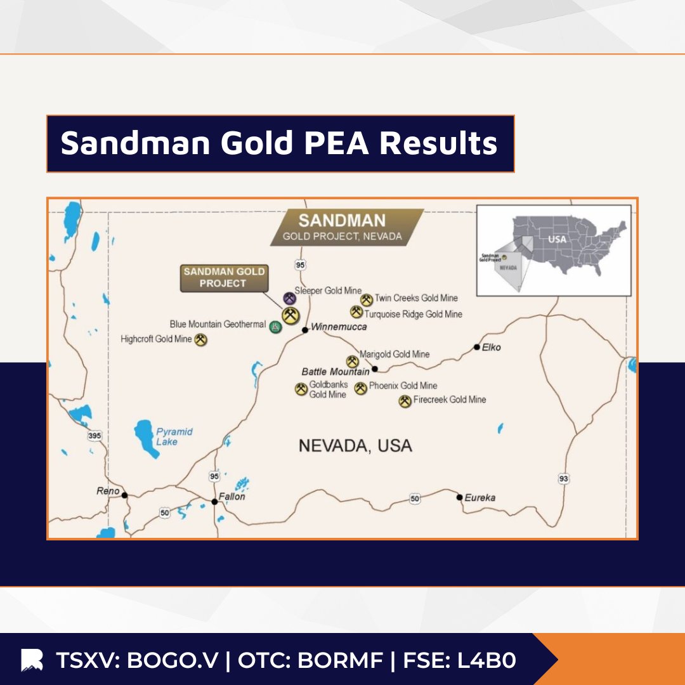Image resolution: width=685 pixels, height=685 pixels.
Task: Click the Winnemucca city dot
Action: click(x=305, y=330)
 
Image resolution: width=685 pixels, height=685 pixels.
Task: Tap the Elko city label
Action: click(x=492, y=347)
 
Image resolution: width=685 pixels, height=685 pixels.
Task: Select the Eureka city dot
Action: click(x=460, y=497)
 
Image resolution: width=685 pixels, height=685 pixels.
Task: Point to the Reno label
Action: click(x=108, y=491)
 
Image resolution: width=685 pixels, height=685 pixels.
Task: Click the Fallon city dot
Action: click(x=214, y=502)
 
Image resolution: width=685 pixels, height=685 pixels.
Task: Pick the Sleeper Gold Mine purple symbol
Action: click(x=289, y=298)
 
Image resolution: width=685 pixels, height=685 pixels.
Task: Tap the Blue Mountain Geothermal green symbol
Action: click(x=275, y=327)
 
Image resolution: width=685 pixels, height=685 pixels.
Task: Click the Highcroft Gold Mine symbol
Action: click(x=201, y=340)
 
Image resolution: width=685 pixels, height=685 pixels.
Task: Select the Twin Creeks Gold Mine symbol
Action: click(x=367, y=300)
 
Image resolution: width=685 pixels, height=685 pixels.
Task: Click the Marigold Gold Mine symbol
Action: click(x=352, y=362)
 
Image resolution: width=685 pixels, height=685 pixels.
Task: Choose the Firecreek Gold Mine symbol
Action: click(x=405, y=401)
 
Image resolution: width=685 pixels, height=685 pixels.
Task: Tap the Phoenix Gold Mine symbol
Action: click(x=361, y=388)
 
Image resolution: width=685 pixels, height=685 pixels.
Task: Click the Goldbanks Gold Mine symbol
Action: click(x=301, y=389)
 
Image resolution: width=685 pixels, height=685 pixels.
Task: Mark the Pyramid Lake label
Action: click(x=174, y=436)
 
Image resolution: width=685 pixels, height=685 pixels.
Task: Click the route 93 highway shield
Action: click(x=563, y=479)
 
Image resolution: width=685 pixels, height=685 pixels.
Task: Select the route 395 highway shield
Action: click(x=95, y=436)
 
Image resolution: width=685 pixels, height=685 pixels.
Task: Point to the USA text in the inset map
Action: click(x=557, y=240)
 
